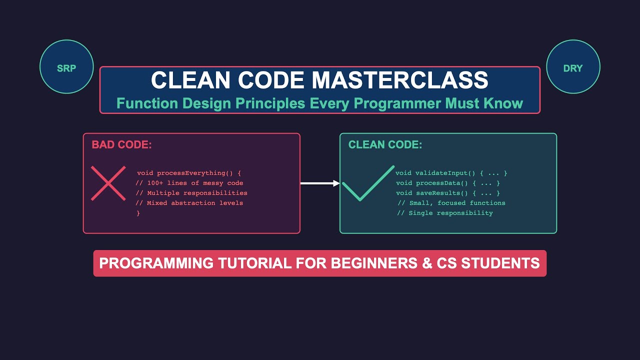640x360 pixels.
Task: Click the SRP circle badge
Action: coord(66,67)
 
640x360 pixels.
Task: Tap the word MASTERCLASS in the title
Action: coord(399,80)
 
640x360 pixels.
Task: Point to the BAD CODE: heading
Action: coord(121,145)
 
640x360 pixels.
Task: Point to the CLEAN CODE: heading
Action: coord(385,145)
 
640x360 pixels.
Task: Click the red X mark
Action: coord(108,183)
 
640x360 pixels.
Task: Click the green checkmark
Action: coord(368,183)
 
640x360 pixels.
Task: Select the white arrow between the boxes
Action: coord(320,183)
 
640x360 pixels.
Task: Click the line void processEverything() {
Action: coord(189,173)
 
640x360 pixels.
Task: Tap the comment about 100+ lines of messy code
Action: coord(189,183)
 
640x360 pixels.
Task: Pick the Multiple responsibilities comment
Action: coord(191,193)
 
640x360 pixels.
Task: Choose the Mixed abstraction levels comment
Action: coord(189,203)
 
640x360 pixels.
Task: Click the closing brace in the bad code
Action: coord(138,213)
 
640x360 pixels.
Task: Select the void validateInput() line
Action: coord(451,173)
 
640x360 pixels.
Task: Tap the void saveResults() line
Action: coord(447,193)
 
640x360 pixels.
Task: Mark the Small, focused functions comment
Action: coord(451,203)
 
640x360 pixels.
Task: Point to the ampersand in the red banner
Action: coord(427,263)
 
